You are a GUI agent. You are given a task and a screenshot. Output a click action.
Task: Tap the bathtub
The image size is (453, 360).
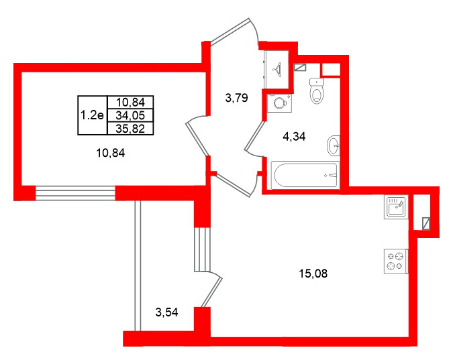[305, 175]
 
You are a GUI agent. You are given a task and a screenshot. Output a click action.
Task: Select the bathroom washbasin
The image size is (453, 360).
[334, 145]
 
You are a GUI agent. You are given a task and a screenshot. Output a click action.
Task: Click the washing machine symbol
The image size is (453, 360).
[279, 103]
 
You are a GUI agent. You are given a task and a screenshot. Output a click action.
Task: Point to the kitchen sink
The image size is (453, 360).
[396, 207]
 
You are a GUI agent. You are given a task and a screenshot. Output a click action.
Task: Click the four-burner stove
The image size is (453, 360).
[396, 261]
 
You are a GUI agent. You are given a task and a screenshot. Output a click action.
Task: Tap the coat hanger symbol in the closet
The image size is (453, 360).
[277, 68]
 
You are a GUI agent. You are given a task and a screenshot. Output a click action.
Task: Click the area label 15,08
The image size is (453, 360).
[313, 273]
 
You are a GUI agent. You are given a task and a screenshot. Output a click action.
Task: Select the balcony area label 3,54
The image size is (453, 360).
[166, 312]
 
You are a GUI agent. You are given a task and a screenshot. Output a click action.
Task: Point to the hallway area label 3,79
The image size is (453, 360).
[236, 98]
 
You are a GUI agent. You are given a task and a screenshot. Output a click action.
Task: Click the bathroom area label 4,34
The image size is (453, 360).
[294, 137]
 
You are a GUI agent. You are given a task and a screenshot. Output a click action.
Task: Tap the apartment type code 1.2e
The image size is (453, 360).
[92, 115]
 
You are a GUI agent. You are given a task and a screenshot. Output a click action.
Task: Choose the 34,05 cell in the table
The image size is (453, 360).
[130, 115]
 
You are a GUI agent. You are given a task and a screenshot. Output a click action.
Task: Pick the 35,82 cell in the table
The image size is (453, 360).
[130, 129]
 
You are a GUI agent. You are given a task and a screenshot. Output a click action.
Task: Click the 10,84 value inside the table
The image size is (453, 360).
[130, 102]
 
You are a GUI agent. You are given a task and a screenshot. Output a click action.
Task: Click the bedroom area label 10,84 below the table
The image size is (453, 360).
[110, 153]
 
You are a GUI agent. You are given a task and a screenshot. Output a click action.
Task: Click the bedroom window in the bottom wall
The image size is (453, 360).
[75, 193]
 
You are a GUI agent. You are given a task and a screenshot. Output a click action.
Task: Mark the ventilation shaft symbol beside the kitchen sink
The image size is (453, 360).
[426, 224]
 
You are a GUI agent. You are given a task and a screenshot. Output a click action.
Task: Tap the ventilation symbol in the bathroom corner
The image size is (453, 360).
[299, 67]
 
